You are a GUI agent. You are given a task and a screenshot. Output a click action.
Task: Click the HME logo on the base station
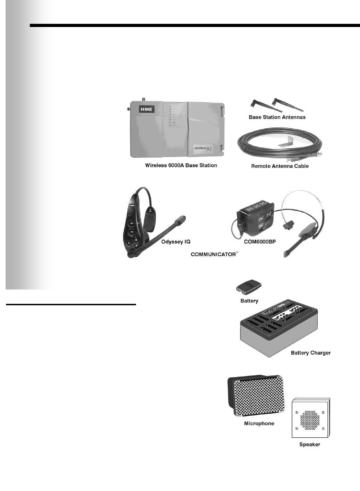[x=147, y=109]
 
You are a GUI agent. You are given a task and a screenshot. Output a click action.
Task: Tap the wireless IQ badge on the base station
[x=203, y=148]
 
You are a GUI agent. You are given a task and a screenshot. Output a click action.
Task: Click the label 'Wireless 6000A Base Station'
[x=181, y=165]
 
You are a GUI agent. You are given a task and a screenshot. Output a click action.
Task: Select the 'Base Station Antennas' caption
[x=277, y=117]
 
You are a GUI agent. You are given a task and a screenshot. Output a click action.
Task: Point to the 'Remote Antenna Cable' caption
[x=280, y=166]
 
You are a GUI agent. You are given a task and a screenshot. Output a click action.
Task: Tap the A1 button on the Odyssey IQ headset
[x=132, y=223]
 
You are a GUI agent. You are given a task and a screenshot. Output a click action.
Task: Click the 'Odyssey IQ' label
[x=176, y=242]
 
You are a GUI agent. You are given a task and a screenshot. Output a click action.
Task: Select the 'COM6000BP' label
[x=260, y=242]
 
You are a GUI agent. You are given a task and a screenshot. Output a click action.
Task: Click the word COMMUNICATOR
[x=213, y=254]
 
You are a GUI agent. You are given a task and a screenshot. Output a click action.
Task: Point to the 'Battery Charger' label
[x=311, y=353]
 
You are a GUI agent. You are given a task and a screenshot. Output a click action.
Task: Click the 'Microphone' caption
[x=259, y=423]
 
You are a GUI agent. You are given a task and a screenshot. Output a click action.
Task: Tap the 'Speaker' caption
[x=310, y=444]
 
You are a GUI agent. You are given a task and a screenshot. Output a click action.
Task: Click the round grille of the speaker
[x=310, y=420]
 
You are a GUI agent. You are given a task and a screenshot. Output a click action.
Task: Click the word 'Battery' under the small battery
[x=249, y=301]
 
